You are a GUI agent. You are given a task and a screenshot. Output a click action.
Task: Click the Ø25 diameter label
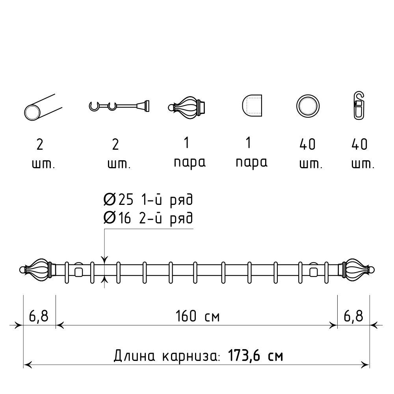[118, 200]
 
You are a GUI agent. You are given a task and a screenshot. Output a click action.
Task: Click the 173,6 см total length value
[255, 356]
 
